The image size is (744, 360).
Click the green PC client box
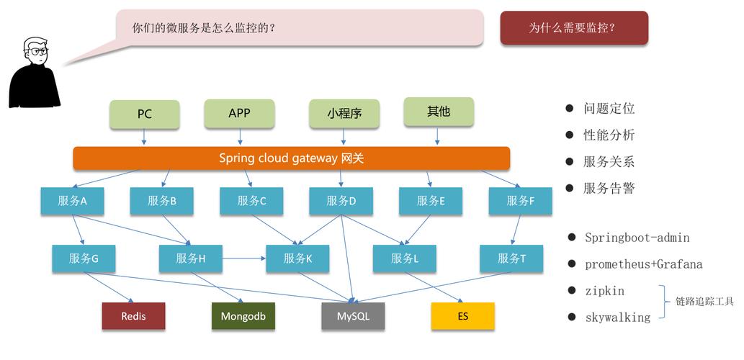(x=144, y=114)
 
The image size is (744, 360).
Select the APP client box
(x=239, y=113)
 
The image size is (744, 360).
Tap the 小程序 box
(x=344, y=114)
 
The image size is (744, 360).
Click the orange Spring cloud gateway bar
(x=291, y=158)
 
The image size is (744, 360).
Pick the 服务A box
(x=72, y=201)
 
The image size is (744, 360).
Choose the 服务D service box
(x=341, y=201)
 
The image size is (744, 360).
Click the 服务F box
(x=520, y=201)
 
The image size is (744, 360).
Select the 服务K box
(x=297, y=258)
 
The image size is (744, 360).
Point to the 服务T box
(x=511, y=258)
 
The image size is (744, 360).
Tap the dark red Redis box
(x=133, y=316)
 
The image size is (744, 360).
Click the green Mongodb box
(x=243, y=316)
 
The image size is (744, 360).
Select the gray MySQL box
(x=353, y=316)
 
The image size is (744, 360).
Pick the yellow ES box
(x=462, y=316)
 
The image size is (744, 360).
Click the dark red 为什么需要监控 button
(x=574, y=28)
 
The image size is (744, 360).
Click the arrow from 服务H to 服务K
(x=245, y=258)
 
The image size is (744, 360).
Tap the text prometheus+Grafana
(x=643, y=264)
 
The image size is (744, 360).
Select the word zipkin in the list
(x=604, y=291)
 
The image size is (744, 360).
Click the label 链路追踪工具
(x=704, y=302)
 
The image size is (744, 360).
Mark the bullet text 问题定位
(x=609, y=109)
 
